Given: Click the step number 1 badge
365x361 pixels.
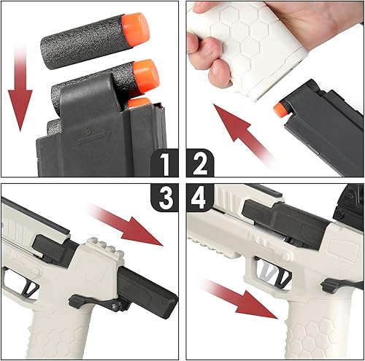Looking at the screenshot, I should point(166,164).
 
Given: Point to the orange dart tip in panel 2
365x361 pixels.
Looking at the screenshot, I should point(279,109).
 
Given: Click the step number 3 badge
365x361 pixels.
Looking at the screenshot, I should point(166,198).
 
